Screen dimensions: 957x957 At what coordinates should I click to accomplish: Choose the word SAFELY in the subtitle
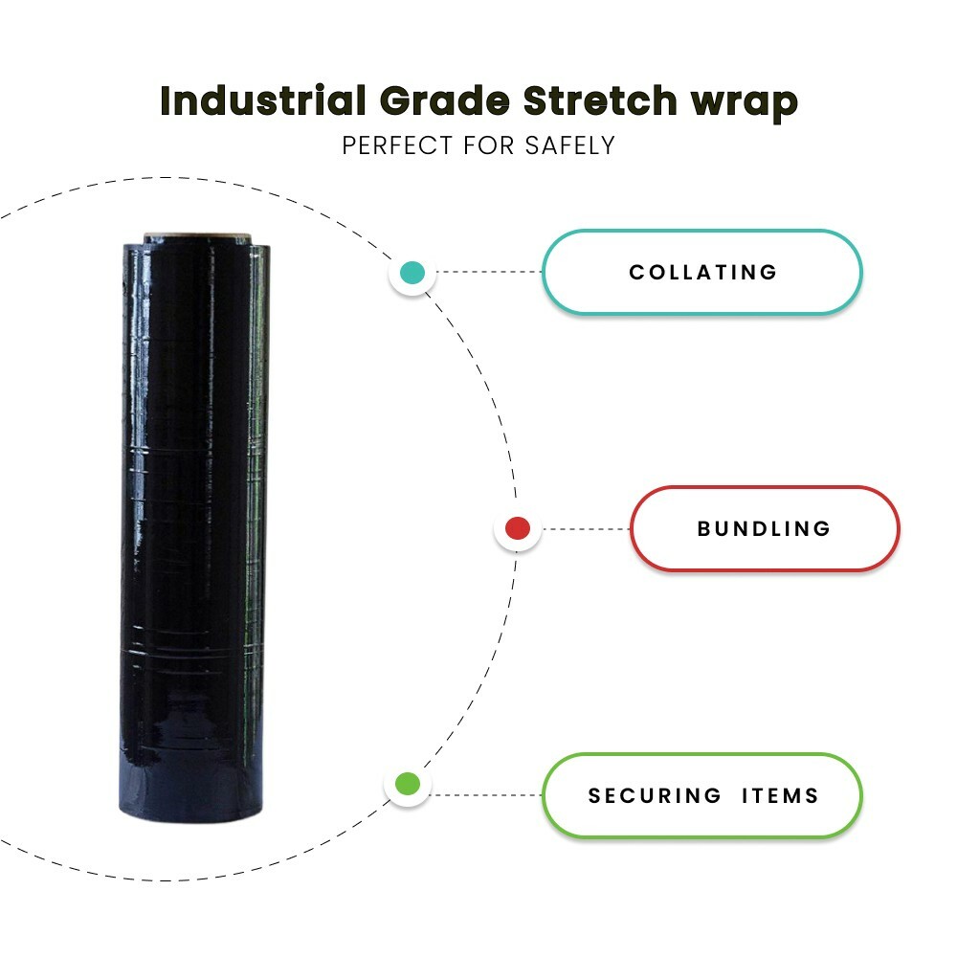pyautogui.click(x=570, y=146)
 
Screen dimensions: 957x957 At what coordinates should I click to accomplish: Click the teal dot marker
pyautogui.click(x=412, y=273)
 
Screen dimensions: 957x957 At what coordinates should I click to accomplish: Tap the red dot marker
pyautogui.click(x=518, y=528)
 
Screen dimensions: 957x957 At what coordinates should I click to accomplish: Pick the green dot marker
pyautogui.click(x=408, y=785)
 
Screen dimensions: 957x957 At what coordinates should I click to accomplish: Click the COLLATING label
pyautogui.click(x=702, y=273)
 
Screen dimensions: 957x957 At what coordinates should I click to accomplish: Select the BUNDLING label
pyautogui.click(x=764, y=528)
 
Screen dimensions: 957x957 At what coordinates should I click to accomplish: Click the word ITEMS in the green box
pyautogui.click(x=780, y=795)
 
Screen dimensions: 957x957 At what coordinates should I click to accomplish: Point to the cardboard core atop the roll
pyautogui.click(x=199, y=237)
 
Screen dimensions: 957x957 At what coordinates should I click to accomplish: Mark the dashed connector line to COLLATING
pyautogui.click(x=489, y=273)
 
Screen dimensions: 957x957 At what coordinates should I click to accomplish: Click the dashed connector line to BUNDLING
pyautogui.click(x=585, y=528)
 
